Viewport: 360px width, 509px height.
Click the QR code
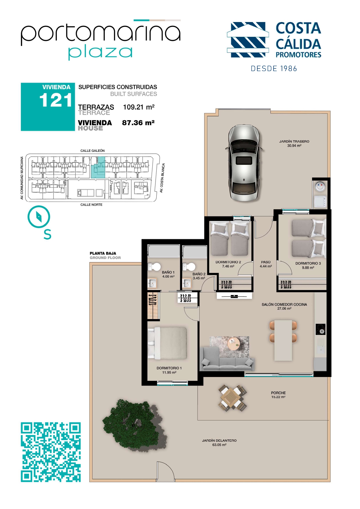[x=51, y=452]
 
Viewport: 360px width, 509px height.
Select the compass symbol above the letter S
[x=39, y=217]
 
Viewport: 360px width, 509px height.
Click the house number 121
[x=56, y=100]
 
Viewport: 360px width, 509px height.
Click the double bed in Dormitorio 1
[x=167, y=343]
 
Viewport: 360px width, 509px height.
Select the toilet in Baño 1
[x=154, y=267]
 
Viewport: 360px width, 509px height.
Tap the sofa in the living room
[x=227, y=360]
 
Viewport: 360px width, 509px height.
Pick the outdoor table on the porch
[x=233, y=397]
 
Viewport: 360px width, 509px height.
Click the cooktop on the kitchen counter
[x=321, y=329]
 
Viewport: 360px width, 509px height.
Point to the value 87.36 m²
[x=138, y=123]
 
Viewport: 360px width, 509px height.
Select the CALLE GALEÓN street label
[x=93, y=151]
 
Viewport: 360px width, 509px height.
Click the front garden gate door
[x=166, y=472]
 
